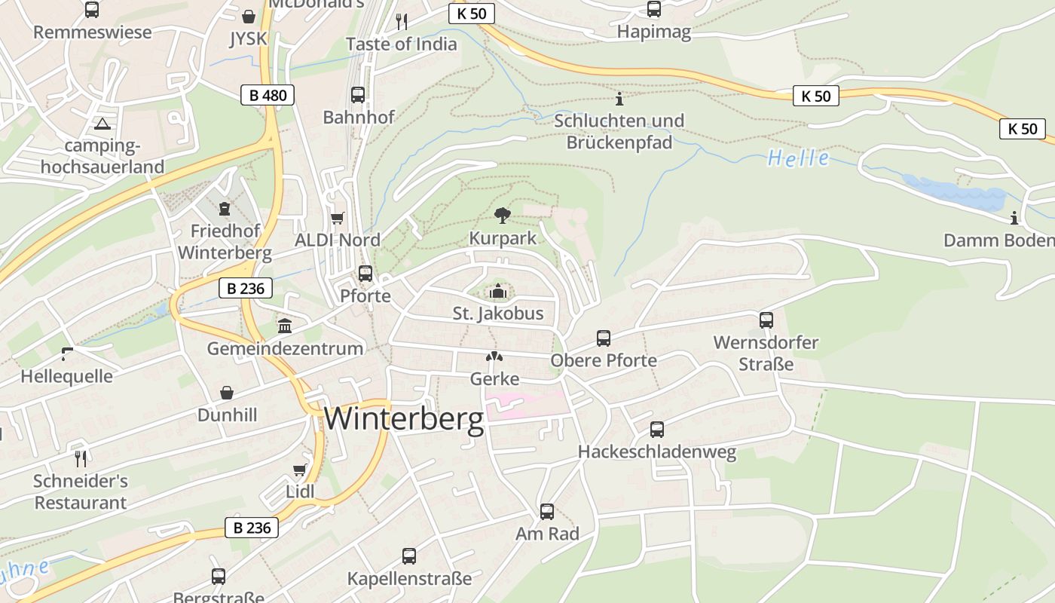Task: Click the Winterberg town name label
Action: pos(404,419)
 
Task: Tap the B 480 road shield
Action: pos(268,95)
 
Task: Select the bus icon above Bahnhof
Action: pos(358,95)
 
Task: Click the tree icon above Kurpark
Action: pos(502,216)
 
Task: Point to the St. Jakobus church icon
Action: pos(497,291)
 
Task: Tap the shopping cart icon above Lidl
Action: pos(300,470)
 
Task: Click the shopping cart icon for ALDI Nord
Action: pos(338,218)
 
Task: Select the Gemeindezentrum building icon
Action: pos(285,326)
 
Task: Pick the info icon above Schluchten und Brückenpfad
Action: pos(619,99)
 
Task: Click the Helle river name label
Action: pos(799,158)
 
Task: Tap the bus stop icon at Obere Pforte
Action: pos(603,338)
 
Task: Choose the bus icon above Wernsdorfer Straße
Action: pos(766,320)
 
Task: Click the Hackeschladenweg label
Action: pos(656,452)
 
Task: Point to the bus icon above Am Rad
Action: pos(547,512)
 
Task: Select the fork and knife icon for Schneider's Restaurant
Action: pos(81,458)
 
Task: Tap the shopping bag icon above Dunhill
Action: pos(227,393)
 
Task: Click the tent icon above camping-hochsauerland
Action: pos(102,124)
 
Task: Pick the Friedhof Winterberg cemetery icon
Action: pos(223,209)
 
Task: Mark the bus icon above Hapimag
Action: pos(654,9)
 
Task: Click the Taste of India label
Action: pos(401,44)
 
